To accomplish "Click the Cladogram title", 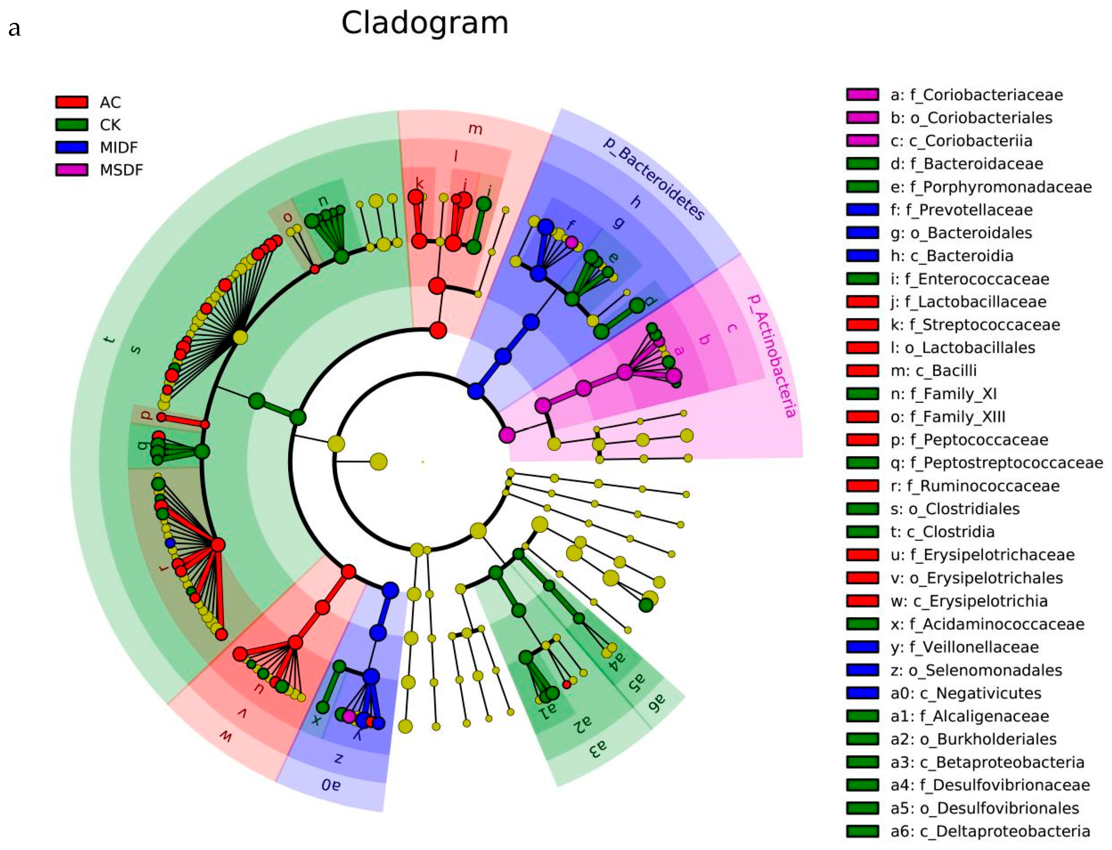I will click(x=424, y=23).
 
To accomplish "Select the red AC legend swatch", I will click(x=72, y=102).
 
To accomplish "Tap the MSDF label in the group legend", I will click(x=121, y=170).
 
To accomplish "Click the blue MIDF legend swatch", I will click(x=72, y=147).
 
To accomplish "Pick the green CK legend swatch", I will click(x=72, y=124).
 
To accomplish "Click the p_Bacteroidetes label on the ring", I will click(x=653, y=178).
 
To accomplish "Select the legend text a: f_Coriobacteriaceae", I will click(x=976, y=95).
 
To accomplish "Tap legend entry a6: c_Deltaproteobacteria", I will click(x=990, y=831).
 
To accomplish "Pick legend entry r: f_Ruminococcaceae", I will click(x=975, y=486).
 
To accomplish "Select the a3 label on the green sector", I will click(x=597, y=747).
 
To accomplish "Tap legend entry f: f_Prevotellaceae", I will click(x=961, y=210).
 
